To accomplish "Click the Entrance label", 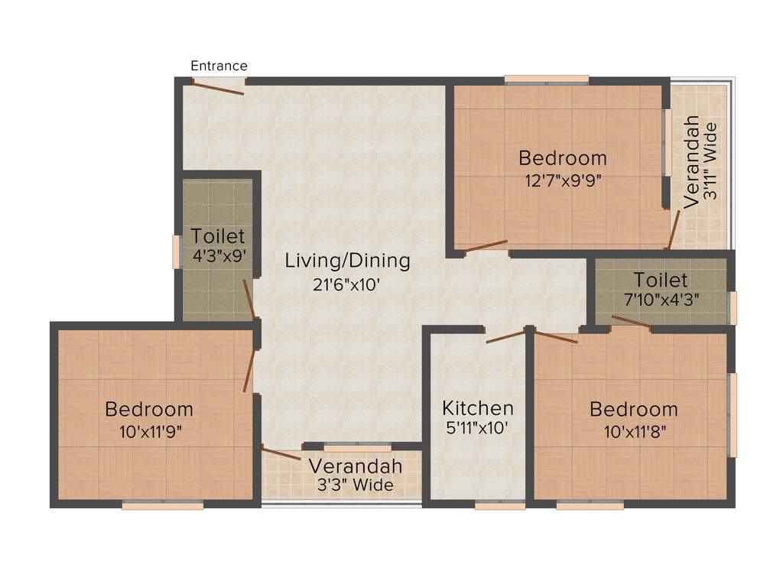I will click(219, 66).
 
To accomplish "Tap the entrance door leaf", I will click(218, 88).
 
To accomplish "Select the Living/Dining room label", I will click(347, 261).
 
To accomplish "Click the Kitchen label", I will click(478, 408).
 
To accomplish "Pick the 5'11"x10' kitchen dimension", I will click(478, 430).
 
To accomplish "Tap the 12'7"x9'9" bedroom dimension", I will click(562, 182).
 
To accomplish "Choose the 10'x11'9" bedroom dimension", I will click(150, 431).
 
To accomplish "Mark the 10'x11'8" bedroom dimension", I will click(635, 431).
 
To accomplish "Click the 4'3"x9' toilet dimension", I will click(219, 257).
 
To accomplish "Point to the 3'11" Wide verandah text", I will click(711, 161).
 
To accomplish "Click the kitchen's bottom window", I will click(499, 505).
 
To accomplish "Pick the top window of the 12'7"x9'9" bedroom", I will click(546, 79).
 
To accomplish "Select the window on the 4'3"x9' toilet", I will click(176, 252).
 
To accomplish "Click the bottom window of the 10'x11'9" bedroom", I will click(163, 505).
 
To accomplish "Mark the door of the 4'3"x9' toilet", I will click(249, 299).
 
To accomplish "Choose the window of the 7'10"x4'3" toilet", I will click(733, 308).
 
